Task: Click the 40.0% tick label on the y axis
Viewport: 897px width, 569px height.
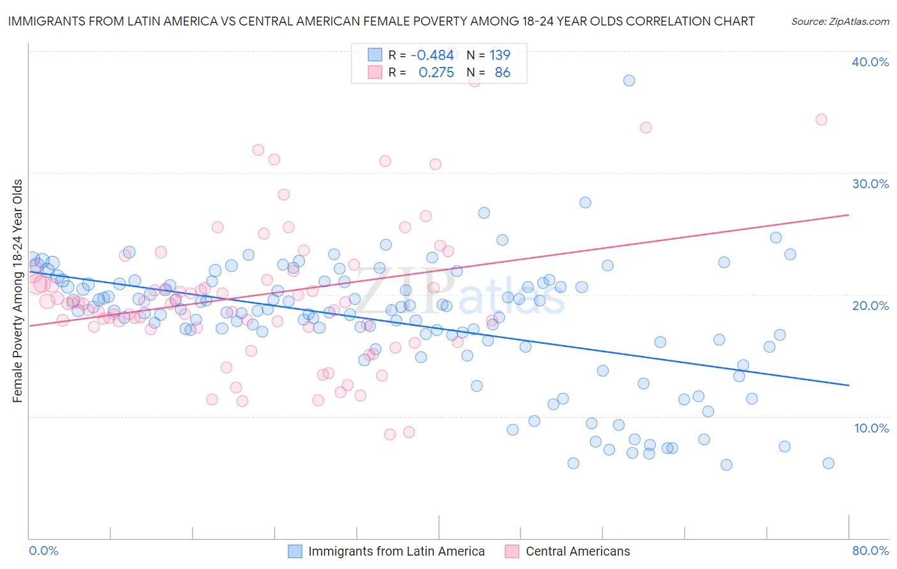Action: point(870,62)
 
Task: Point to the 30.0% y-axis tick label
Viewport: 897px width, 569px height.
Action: point(870,184)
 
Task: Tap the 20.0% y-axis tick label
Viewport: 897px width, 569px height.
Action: point(870,306)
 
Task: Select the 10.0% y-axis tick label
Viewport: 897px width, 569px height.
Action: point(871,428)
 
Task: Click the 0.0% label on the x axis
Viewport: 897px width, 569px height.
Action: point(43,551)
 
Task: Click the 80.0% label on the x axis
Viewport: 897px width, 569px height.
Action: point(870,551)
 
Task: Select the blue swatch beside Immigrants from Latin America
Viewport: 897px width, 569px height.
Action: point(295,551)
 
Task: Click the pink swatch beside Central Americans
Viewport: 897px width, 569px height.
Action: point(512,551)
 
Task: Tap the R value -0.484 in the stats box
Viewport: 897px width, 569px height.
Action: point(432,55)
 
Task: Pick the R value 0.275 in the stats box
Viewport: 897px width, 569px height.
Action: point(436,73)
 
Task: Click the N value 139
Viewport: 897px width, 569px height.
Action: point(500,55)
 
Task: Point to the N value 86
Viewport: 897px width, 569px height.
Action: point(502,73)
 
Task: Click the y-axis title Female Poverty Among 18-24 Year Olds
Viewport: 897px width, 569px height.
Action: point(18,291)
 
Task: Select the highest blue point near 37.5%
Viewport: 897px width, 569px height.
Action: point(629,80)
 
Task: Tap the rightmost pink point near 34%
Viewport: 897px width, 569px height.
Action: point(821,119)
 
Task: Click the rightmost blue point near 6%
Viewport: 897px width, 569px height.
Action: point(828,463)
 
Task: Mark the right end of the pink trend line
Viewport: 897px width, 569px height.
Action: point(849,215)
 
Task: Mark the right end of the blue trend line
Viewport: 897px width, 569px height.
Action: point(849,385)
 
